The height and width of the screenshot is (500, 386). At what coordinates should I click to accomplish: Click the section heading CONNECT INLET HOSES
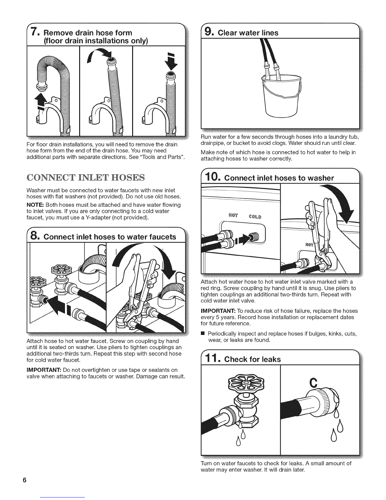coord(85,177)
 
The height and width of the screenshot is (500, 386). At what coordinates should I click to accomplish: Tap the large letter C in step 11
coord(313,383)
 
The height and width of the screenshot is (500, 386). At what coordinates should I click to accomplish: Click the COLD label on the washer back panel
coord(255,217)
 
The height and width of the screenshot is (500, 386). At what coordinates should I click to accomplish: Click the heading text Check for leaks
coord(252,359)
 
